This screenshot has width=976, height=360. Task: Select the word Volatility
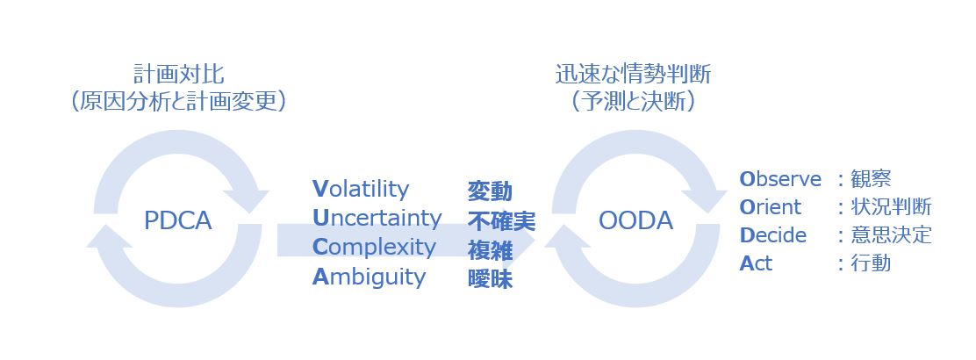(361, 189)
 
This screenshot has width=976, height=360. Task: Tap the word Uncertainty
(377, 218)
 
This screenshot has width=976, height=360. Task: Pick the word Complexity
(374, 248)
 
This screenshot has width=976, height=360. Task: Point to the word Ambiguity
(369, 277)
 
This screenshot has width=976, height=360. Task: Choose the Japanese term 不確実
(501, 220)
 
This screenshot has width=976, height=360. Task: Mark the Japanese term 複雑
(490, 249)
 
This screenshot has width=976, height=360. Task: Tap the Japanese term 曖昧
(490, 279)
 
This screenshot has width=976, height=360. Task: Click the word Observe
(780, 179)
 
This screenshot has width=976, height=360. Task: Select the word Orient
(771, 207)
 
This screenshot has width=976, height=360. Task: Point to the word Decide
(773, 235)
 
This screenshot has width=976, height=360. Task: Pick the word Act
(756, 263)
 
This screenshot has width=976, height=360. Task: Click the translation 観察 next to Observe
(872, 179)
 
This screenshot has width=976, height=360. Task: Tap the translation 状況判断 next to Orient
(892, 207)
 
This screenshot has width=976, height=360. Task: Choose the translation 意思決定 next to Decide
(892, 235)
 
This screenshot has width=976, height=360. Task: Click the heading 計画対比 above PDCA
(179, 75)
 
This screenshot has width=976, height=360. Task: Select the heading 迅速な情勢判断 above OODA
(633, 75)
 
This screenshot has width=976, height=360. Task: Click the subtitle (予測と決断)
(633, 102)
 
